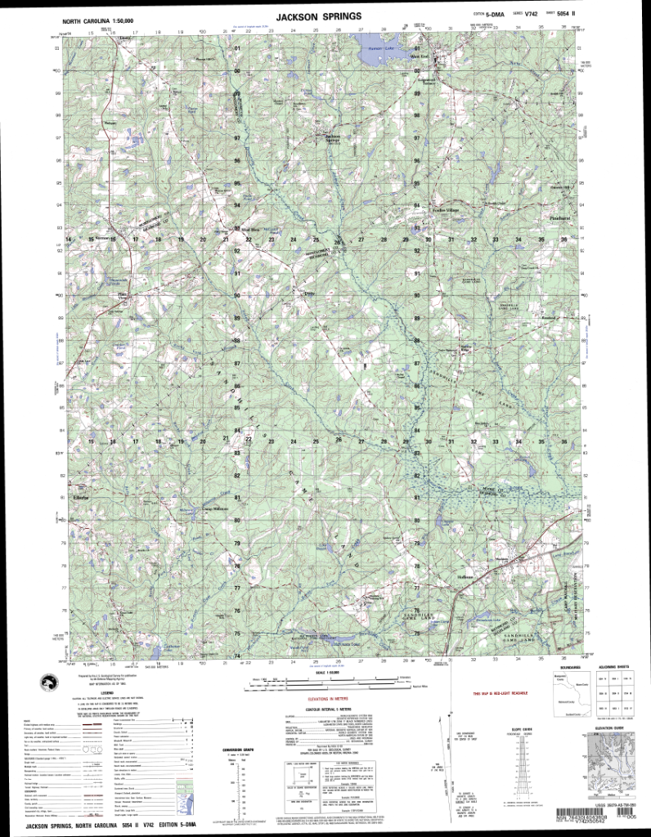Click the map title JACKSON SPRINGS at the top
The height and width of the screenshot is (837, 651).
[325, 16]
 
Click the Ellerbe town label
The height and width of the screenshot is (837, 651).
[80, 497]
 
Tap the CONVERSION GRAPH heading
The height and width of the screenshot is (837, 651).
[235, 750]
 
